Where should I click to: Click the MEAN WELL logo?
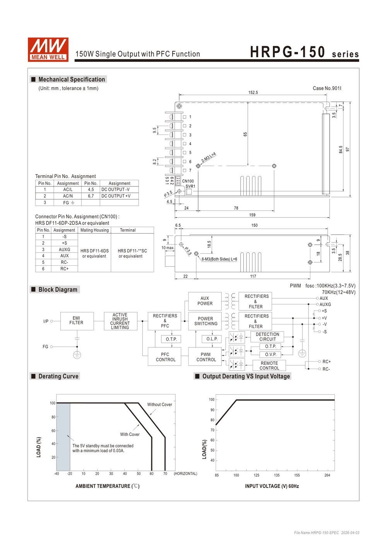coord(48,50)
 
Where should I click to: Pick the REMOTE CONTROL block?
coord(269,366)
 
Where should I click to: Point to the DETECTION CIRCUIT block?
coord(267,337)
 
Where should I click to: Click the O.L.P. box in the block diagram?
coord(212,339)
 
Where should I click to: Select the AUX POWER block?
coord(205,301)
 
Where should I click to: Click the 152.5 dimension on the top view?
coord(253,92)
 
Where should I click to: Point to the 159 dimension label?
coord(252,215)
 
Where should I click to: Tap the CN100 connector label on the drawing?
coord(188,181)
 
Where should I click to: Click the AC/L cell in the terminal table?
coord(68,190)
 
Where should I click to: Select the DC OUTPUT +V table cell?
coord(119,196)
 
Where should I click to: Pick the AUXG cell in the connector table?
coord(65,250)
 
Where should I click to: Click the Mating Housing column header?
coord(94,230)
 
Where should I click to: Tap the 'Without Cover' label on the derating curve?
coord(159,404)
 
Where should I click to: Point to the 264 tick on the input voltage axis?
coord(327,475)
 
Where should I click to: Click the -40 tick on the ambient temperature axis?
coord(57,473)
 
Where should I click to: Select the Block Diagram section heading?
coord(58,289)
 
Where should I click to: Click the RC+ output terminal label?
coord(326,361)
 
